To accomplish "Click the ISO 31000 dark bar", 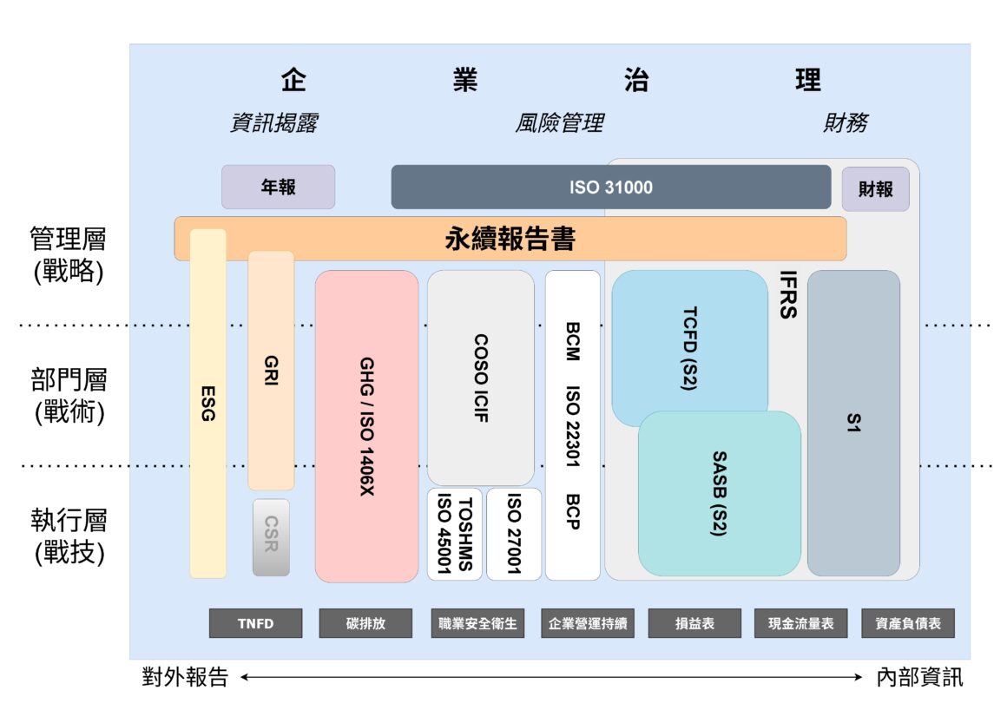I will [x=610, y=187].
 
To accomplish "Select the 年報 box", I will [x=278, y=187].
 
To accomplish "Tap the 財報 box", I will [x=875, y=189].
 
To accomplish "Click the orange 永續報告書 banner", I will [x=510, y=239].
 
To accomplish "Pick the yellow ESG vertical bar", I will [x=207, y=404].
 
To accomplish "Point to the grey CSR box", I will [x=271, y=537].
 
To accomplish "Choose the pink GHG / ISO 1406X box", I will [x=366, y=426].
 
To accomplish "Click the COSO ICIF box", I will [x=480, y=378].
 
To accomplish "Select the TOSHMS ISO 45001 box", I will [x=454, y=534].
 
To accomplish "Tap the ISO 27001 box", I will [x=514, y=534].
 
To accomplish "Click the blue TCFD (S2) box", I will [x=689, y=347].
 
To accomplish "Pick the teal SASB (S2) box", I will [x=719, y=493].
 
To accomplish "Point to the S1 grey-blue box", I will [x=853, y=423].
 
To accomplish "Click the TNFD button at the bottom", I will [x=255, y=623].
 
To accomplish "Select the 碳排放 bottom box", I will [x=365, y=623].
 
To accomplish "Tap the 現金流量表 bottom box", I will [x=800, y=623].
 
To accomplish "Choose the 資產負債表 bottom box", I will [x=908, y=623].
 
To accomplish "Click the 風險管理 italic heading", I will [x=559, y=123].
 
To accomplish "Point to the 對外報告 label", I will [x=185, y=677].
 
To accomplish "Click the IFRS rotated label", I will [x=787, y=295].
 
